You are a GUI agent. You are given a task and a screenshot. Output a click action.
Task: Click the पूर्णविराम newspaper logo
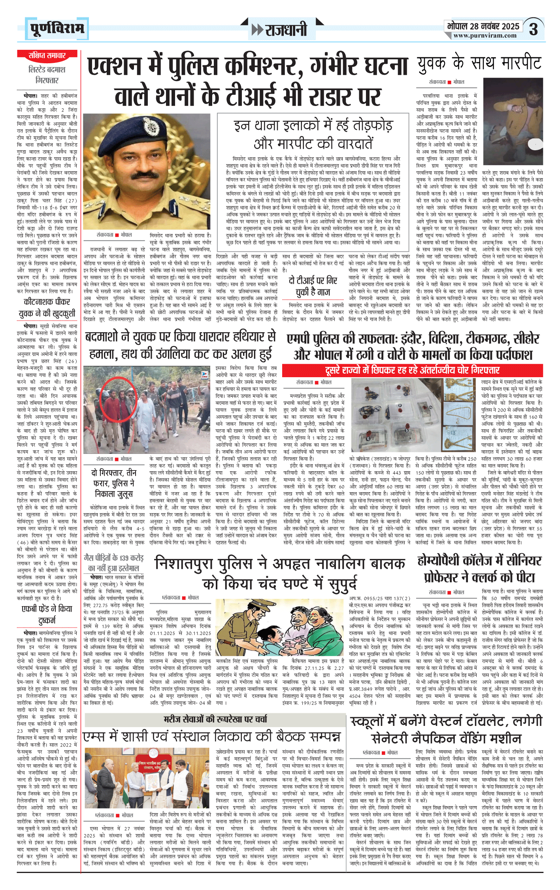point(57,29)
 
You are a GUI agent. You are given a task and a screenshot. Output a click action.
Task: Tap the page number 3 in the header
point(534,30)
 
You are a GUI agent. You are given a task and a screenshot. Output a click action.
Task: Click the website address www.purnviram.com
point(485,36)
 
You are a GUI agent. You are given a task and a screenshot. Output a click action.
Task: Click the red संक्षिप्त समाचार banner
point(47,55)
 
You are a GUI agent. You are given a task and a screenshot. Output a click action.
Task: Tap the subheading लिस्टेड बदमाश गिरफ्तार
point(47,75)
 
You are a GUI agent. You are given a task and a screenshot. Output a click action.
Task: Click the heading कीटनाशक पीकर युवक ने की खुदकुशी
point(47,307)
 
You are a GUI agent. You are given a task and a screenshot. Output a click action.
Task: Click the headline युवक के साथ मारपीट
point(479,63)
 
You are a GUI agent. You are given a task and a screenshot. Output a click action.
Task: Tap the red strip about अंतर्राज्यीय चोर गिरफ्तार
point(412,370)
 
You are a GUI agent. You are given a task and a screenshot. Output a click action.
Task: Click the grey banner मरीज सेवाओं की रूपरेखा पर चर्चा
point(215,719)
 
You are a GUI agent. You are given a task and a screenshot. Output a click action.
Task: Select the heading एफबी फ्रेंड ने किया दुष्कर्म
point(47,614)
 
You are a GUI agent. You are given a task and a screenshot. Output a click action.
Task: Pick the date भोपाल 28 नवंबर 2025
point(483,26)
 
